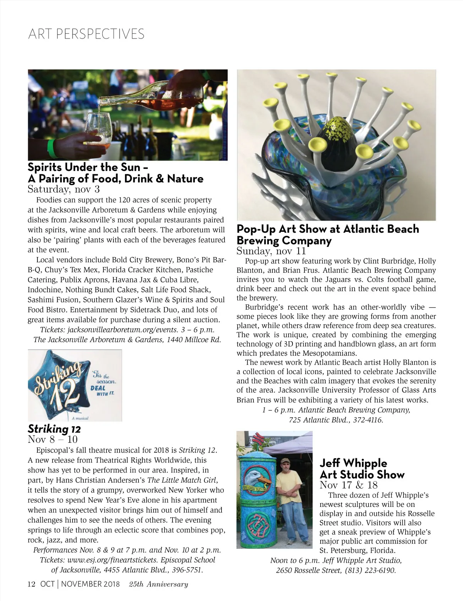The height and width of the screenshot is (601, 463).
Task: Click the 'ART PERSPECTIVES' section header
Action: (86, 34)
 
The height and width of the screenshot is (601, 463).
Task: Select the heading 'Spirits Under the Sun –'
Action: (88, 167)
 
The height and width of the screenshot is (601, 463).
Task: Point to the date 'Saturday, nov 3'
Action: (64, 189)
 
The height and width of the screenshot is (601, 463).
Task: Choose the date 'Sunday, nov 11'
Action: (271, 252)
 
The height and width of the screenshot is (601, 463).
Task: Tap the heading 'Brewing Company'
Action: (284, 241)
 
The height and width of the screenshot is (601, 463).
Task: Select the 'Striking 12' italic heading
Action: (54, 429)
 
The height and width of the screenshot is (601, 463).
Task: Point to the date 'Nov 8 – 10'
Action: (53, 439)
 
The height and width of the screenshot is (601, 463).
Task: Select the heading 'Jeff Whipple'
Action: (353, 463)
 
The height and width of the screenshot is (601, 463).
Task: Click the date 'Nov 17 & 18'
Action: (348, 485)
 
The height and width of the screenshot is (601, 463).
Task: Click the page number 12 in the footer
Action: (31, 584)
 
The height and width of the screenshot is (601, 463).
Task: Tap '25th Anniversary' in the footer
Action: (159, 584)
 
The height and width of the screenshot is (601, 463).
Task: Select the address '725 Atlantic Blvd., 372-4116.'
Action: (336, 420)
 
